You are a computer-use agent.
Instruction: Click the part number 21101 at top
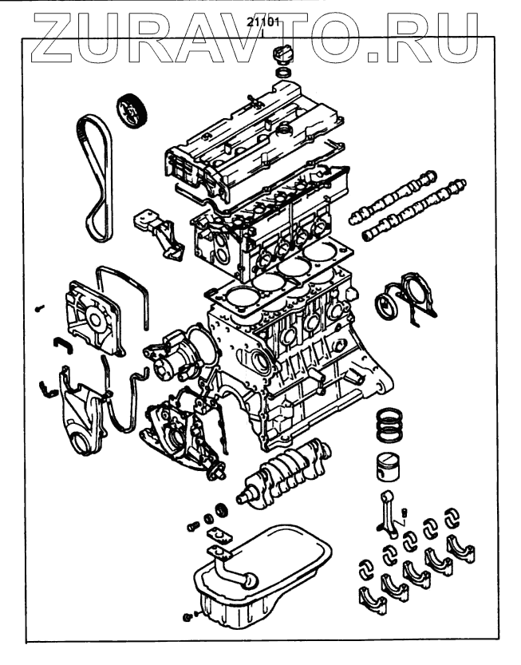[x=261, y=23]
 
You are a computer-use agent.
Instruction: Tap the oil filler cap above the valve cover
[x=282, y=58]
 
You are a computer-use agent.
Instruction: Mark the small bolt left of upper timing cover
[x=38, y=307]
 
